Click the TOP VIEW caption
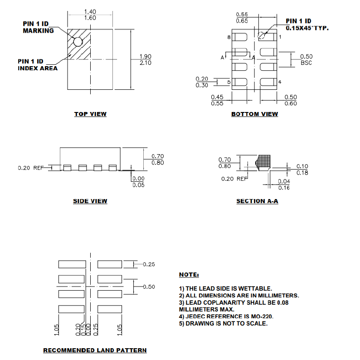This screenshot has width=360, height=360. pyautogui.click(x=90, y=114)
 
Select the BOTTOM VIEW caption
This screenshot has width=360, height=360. pyautogui.click(x=254, y=114)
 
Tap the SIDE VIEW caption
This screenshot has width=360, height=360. pyautogui.click(x=90, y=201)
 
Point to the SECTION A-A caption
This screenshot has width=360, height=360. pyautogui.click(x=257, y=201)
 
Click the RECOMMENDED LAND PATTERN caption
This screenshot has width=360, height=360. pyautogui.click(x=95, y=350)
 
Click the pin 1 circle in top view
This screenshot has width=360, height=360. pyautogui.click(x=78, y=42)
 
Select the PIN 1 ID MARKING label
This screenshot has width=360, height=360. pyautogui.click(x=39, y=27)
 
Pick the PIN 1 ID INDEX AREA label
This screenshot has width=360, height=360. pyautogui.click(x=38, y=64)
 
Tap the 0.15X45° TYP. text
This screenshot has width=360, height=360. pyautogui.click(x=307, y=28)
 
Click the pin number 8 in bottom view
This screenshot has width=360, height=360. pyautogui.click(x=229, y=37)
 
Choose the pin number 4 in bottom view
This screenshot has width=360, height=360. pyautogui.click(x=280, y=82)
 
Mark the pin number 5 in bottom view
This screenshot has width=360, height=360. pyautogui.click(x=229, y=82)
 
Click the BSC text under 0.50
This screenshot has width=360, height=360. pyautogui.click(x=306, y=63)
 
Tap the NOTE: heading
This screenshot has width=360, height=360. pyautogui.click(x=189, y=275)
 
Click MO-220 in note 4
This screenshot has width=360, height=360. pyautogui.click(x=263, y=316)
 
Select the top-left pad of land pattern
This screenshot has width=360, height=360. pyautogui.click(x=72, y=264)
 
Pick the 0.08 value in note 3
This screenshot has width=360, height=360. pyautogui.click(x=282, y=302)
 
